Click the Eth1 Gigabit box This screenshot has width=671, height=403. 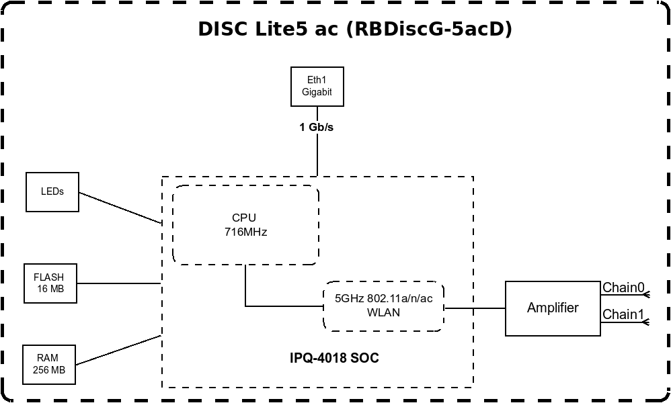click(317, 86)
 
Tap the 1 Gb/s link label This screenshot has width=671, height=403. click(317, 127)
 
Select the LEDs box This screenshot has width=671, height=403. click(52, 192)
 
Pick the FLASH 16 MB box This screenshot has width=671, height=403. click(49, 283)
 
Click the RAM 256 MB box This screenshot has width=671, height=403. click(48, 365)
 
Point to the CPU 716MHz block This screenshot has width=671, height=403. click(245, 225)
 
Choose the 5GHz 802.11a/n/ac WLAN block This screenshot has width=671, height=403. click(383, 306)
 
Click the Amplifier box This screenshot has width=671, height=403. click(553, 308)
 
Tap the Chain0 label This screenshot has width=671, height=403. click(623, 288)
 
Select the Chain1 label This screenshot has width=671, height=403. click(623, 314)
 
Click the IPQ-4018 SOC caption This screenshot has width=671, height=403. click(333, 358)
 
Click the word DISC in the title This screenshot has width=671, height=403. click(221, 30)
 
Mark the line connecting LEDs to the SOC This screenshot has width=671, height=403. click(120, 208)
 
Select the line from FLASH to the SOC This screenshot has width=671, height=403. click(118, 283)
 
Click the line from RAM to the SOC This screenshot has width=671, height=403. click(118, 350)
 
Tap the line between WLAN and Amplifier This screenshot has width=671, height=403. click(475, 308)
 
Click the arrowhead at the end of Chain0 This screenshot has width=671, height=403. click(647, 295)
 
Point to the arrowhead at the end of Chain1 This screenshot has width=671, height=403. click(647, 322)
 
